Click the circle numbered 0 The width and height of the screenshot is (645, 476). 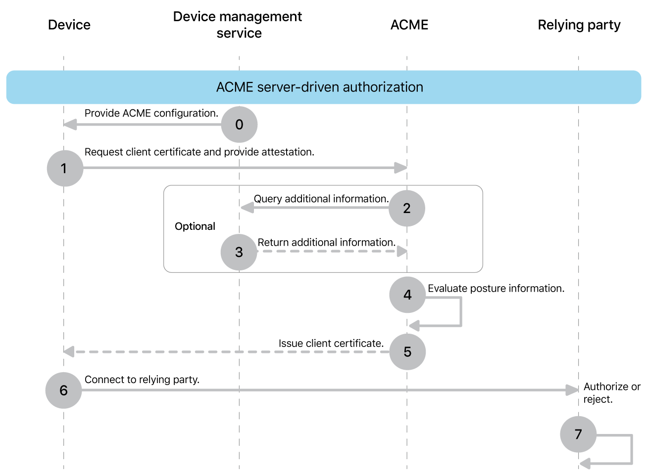coord(239,125)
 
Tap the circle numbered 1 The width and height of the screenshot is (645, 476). coord(65,169)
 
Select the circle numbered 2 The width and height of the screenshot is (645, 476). coord(407,208)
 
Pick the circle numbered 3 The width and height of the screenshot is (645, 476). coord(239,252)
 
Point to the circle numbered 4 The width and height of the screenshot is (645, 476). coord(407,295)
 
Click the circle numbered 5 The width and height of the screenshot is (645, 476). coord(407,352)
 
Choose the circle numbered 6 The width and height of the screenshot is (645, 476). coord(63,390)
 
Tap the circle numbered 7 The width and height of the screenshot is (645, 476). coord(578,434)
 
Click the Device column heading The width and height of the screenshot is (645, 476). coord(69,25)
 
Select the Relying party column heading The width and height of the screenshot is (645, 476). coord(579,25)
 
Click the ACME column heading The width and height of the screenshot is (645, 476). coord(409,25)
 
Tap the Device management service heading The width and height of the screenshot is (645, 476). coord(238,25)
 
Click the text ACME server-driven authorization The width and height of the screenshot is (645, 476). coord(319,87)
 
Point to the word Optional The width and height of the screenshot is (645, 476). coord(195,226)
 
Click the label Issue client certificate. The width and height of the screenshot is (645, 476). coord(331,343)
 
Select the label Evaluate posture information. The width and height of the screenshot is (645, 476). coord(496,288)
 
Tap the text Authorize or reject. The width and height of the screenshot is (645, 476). coord(611,393)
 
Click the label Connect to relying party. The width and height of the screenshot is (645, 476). coord(142,380)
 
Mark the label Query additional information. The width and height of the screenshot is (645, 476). coord(321,199)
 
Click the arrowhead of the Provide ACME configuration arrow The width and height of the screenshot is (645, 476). coord(70,125)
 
